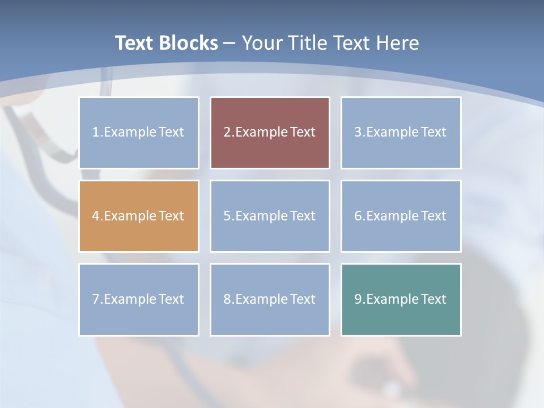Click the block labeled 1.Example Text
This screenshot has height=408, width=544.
pyautogui.click(x=139, y=133)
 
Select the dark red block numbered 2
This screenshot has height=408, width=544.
pyautogui.click(x=270, y=133)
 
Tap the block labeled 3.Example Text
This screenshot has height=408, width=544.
pyautogui.click(x=401, y=133)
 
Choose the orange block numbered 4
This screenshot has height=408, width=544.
pyautogui.click(x=139, y=216)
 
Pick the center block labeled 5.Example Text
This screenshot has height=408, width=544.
pyautogui.click(x=270, y=216)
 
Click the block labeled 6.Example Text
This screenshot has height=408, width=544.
pyautogui.click(x=401, y=216)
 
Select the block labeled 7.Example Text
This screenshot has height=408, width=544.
pyautogui.click(x=139, y=299)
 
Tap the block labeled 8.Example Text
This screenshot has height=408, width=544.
pyautogui.click(x=270, y=299)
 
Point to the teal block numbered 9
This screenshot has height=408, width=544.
pyautogui.click(x=401, y=299)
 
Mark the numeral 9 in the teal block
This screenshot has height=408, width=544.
pyautogui.click(x=358, y=299)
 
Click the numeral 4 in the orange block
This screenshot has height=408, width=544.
pyautogui.click(x=96, y=216)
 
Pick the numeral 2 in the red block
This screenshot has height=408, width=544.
pyautogui.click(x=227, y=133)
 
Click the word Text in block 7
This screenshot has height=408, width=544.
pyautogui.click(x=171, y=299)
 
